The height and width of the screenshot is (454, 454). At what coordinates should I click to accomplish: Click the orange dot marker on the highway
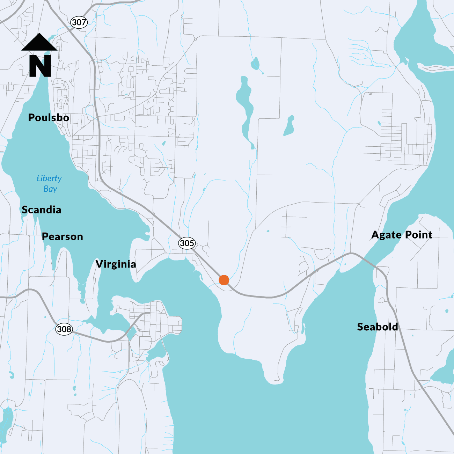(x=224, y=280)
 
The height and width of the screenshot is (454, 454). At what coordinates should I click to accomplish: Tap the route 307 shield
(x=79, y=22)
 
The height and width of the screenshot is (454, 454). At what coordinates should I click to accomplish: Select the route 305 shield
(x=187, y=243)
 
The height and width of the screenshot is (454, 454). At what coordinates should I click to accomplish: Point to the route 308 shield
(x=64, y=329)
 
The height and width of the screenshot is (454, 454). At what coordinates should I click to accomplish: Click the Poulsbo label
(x=49, y=118)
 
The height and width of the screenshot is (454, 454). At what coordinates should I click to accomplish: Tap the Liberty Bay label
(x=49, y=184)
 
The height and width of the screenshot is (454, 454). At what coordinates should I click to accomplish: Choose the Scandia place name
(x=42, y=210)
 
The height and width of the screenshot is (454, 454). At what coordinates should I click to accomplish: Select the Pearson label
(x=63, y=236)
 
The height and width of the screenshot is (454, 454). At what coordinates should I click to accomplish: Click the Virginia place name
(x=116, y=264)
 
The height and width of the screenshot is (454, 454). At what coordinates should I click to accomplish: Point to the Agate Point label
(x=402, y=235)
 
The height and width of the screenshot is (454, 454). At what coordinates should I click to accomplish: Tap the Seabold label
(x=378, y=327)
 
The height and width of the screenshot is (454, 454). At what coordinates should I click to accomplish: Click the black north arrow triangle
(x=39, y=42)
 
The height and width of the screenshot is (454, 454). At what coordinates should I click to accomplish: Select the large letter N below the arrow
(x=40, y=66)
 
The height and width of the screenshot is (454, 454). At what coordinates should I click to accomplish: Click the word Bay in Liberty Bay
(x=50, y=189)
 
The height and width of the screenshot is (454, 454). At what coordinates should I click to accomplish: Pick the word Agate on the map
(x=386, y=235)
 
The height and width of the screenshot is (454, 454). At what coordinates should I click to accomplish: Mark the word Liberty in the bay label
(x=49, y=178)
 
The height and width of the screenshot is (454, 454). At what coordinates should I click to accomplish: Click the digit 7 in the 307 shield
(x=83, y=22)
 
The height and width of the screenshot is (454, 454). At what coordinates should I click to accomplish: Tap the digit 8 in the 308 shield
(x=69, y=329)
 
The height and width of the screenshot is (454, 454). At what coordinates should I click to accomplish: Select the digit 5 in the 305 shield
(x=191, y=243)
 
